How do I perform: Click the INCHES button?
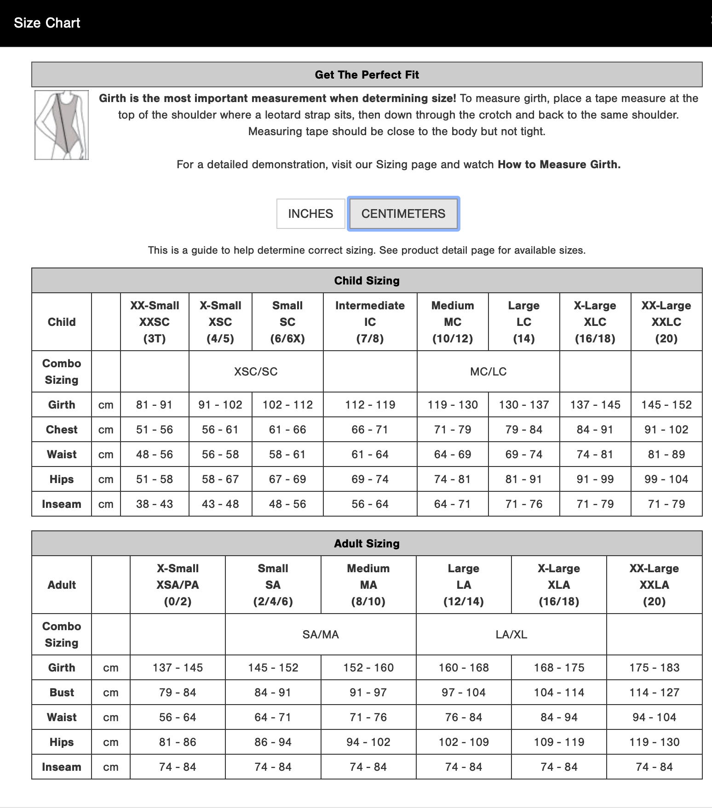pyautogui.click(x=310, y=214)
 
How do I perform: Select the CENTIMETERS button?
pyautogui.click(x=403, y=214)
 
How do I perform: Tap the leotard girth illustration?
pyautogui.click(x=62, y=125)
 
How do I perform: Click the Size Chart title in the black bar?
pyautogui.click(x=47, y=23)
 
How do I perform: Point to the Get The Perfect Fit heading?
pyautogui.click(x=367, y=75)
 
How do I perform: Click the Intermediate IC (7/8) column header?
pyautogui.click(x=370, y=322)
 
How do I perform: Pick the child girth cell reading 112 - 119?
pyautogui.click(x=370, y=405)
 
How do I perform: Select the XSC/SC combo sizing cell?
pyautogui.click(x=256, y=371)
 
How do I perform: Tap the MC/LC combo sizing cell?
pyautogui.click(x=488, y=371)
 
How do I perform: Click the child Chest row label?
pyautogui.click(x=62, y=430)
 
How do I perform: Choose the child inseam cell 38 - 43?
pyautogui.click(x=154, y=504)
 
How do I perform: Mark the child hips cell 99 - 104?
pyautogui.click(x=666, y=479)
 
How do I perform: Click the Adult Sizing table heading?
pyautogui.click(x=367, y=544)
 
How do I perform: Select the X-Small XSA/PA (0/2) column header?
pyautogui.click(x=178, y=585)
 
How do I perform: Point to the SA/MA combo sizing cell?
pyautogui.click(x=321, y=634)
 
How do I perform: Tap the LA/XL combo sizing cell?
pyautogui.click(x=511, y=634)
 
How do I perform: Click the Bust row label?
pyautogui.click(x=62, y=693)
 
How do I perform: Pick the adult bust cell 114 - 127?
pyautogui.click(x=654, y=693)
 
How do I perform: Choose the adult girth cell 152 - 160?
pyautogui.click(x=368, y=668)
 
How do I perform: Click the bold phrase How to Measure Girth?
pyautogui.click(x=559, y=165)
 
